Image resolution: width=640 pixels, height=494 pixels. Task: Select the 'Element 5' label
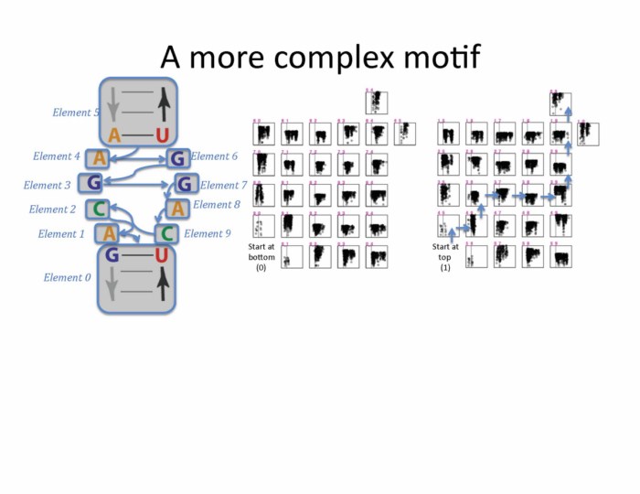[x=77, y=113]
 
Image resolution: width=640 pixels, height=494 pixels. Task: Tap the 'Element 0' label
[x=68, y=277]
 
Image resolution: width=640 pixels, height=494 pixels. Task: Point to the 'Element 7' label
[x=224, y=186]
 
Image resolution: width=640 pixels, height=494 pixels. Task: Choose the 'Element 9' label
[x=208, y=233]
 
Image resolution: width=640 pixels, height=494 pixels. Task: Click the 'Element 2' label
[x=53, y=209]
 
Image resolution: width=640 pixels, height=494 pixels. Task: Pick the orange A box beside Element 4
[x=99, y=159]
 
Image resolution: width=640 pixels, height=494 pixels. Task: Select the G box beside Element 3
[x=92, y=183]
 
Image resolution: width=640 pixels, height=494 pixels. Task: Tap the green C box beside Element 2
[x=100, y=209]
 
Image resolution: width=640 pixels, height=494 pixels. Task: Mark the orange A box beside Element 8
[x=178, y=209]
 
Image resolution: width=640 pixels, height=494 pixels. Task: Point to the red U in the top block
[x=162, y=136]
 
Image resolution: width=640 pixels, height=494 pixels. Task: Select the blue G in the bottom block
[x=112, y=255]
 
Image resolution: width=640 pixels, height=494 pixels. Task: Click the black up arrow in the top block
[x=162, y=102]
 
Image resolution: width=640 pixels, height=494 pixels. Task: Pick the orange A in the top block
[x=114, y=136]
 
